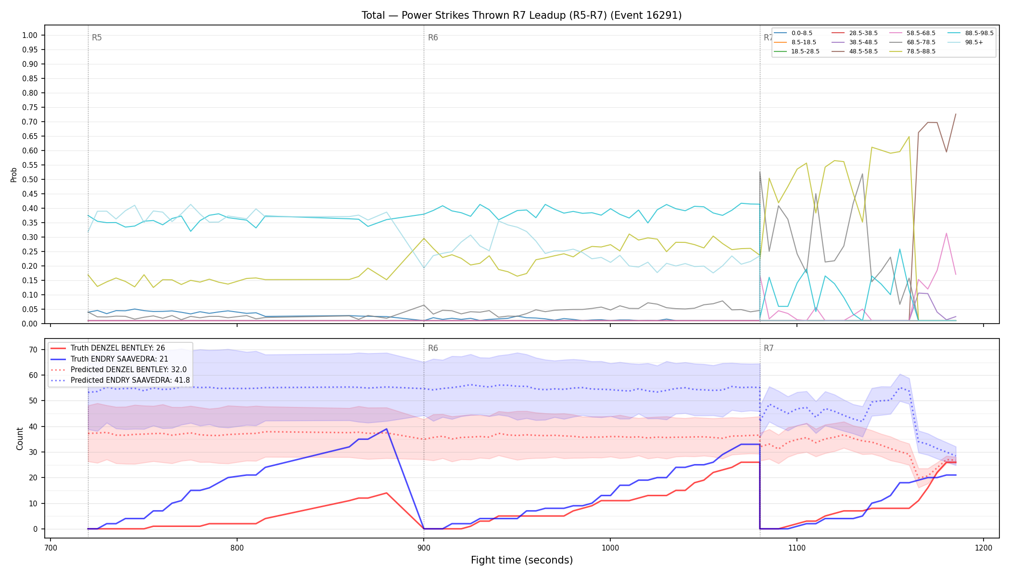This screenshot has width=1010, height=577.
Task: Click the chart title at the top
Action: [x=521, y=15]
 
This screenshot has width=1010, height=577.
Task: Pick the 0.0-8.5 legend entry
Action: [x=793, y=33]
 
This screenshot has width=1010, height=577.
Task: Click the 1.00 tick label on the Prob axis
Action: [x=30, y=35]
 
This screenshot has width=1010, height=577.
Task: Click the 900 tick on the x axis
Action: [x=424, y=548]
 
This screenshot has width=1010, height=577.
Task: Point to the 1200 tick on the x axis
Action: [x=984, y=548]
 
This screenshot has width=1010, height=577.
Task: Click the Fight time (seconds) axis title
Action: [x=522, y=560]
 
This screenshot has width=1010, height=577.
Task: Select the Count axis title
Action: [x=20, y=439]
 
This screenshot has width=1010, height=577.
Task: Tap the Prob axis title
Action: [x=13, y=175]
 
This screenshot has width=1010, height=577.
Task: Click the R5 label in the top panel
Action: [x=97, y=38]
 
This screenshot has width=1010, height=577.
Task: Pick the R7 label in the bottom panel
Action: [x=769, y=348]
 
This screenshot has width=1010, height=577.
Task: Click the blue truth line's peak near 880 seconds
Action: [x=386, y=429]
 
